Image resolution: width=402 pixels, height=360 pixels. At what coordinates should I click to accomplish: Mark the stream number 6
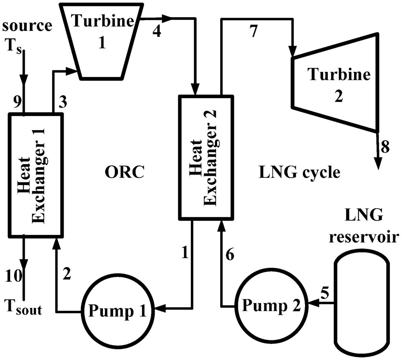pos(230,255)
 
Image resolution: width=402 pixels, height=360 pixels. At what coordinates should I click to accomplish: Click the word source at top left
pos(27,26)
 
